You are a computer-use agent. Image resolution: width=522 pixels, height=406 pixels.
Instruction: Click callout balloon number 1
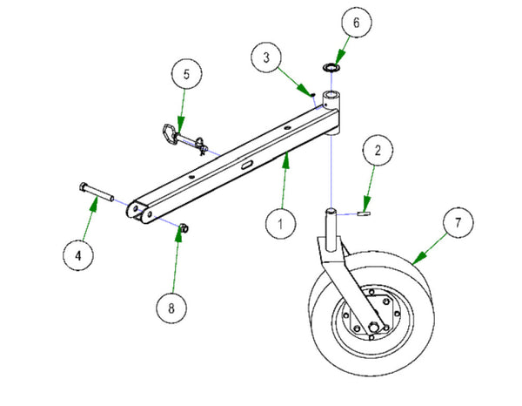[x=280, y=225]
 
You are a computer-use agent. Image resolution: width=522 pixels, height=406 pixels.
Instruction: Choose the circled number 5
[x=185, y=73]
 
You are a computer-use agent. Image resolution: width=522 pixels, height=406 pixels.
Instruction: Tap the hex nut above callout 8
[x=183, y=229]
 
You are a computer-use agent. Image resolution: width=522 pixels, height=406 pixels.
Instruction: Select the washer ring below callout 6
[x=331, y=66]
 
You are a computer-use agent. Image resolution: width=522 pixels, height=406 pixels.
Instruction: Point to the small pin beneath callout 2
[x=365, y=210]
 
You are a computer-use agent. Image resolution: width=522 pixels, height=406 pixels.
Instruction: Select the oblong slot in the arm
[x=247, y=162]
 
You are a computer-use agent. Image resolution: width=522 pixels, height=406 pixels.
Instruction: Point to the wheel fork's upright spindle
[x=331, y=225]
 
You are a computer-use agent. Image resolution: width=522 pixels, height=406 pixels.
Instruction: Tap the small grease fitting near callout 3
[x=311, y=90]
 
